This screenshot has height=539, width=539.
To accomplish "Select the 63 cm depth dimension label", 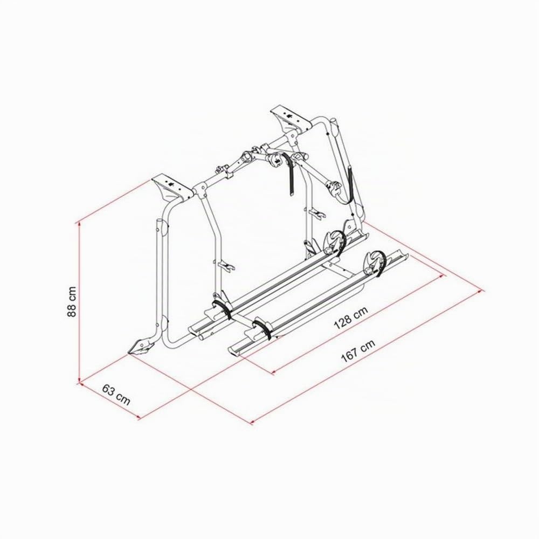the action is click(x=116, y=395).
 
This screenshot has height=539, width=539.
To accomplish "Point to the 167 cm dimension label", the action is click(x=358, y=351).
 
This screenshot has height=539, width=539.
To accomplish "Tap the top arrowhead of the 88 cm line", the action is click(x=80, y=224).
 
